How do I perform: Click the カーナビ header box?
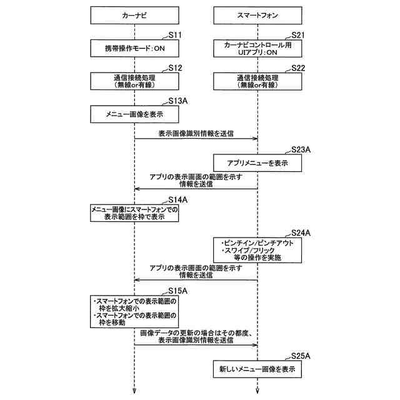coord(134,15)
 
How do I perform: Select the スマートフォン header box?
coord(257,15)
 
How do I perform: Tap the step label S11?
coord(175,35)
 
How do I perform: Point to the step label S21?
coord(298,35)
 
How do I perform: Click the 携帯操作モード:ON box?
coord(134,48)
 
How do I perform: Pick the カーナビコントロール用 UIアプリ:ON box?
coord(257,48)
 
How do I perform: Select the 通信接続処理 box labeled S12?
coord(134,81)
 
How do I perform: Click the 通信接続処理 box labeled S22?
coord(257,81)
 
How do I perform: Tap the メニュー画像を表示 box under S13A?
coord(134,114)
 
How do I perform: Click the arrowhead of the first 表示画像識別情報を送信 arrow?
coord(255,139)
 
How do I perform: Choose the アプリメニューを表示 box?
coord(257,162)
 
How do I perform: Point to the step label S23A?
coord(301,150)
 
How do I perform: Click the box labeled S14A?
coord(134,213)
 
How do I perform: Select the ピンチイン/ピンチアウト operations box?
coord(257,250)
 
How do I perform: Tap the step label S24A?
coord(301,233)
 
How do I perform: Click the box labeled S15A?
coord(134,311)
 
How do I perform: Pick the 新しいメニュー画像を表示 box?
coord(257,369)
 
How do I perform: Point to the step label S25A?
coord(301,356)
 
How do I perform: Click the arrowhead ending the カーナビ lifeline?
coord(134,391)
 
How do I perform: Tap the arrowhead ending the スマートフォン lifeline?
coord(257,391)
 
